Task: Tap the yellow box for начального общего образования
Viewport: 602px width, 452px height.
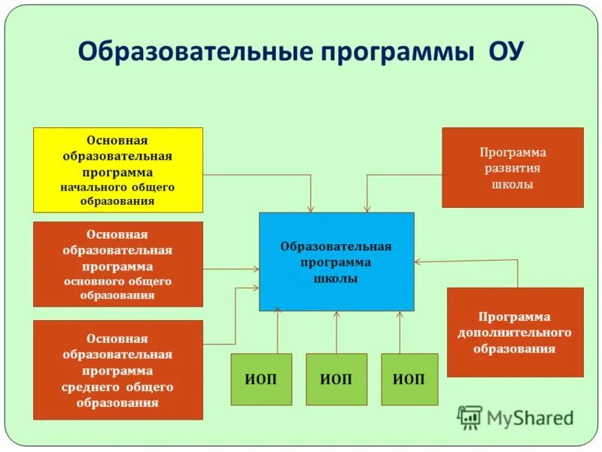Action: [x=118, y=169]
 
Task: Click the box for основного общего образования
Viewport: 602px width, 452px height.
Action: [x=118, y=264]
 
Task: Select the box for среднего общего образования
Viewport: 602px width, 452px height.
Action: [x=118, y=370]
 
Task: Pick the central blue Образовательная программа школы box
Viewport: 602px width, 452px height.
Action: [x=336, y=261]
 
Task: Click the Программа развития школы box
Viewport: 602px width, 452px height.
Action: [x=512, y=167]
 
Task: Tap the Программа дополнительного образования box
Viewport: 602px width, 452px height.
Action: [x=515, y=332]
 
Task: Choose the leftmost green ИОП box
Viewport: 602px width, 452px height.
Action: [x=261, y=379]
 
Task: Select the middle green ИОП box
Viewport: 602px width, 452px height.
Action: [x=336, y=379]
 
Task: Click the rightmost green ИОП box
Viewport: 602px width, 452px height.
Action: [x=409, y=379]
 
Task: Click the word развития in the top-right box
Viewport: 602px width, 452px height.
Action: [x=512, y=168]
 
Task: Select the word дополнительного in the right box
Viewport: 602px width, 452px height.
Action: [x=515, y=333]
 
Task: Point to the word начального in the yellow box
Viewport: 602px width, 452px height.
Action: [x=86, y=186]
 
